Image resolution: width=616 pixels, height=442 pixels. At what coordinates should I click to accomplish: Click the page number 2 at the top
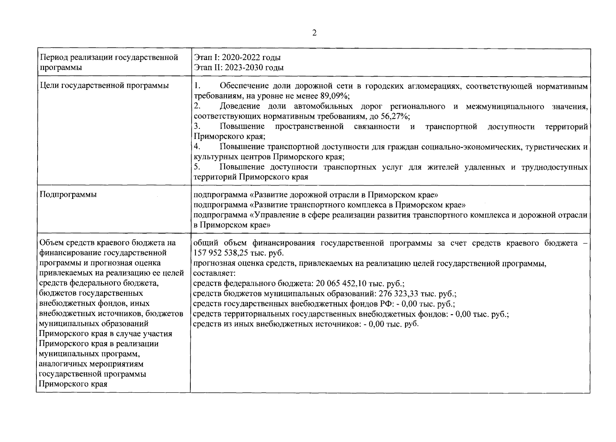tap(314, 33)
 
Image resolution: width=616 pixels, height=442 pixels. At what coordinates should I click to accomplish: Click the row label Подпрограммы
tap(68, 194)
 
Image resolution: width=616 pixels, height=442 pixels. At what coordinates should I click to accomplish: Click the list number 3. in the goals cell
tap(197, 127)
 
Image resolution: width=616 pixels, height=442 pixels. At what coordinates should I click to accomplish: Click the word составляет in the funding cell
tap(213, 274)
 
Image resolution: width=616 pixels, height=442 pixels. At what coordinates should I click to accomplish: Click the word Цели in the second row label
tap(49, 86)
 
